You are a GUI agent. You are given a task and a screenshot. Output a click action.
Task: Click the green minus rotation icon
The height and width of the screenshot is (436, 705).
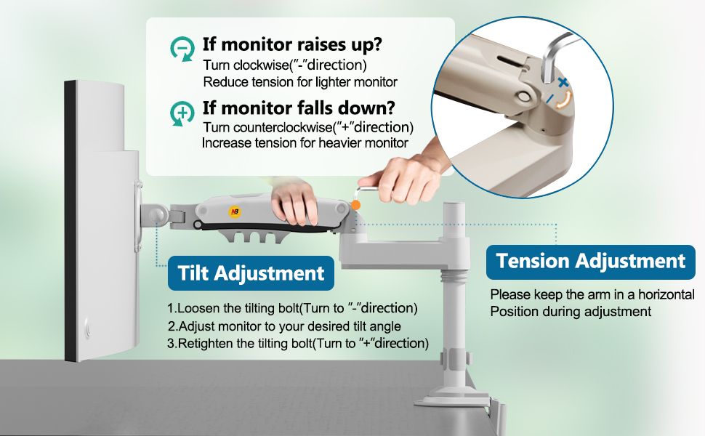point(182,48)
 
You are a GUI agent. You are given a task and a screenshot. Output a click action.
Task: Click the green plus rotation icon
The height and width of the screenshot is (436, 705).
point(182,113)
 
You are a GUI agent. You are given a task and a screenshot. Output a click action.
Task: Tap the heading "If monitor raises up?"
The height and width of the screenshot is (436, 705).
point(292,44)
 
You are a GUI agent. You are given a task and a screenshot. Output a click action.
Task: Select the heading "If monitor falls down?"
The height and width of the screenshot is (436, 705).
point(299,108)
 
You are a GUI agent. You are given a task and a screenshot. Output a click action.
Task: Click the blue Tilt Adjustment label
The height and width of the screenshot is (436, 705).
point(251,272)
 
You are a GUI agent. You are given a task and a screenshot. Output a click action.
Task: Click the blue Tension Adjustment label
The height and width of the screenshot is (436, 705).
point(591,261)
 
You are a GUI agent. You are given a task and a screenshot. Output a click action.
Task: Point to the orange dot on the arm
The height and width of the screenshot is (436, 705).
point(355,206)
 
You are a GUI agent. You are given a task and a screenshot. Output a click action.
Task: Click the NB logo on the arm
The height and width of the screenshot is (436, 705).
point(235,211)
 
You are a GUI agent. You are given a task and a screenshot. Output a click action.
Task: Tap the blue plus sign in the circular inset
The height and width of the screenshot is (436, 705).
point(563,82)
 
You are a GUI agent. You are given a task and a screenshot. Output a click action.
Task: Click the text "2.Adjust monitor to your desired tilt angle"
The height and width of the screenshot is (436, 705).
point(285,326)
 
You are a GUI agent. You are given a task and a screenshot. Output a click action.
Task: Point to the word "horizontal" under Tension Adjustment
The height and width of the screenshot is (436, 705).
point(666,294)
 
